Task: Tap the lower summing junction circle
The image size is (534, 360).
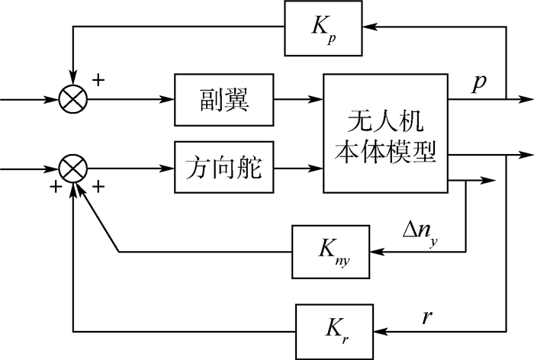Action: coord(73,167)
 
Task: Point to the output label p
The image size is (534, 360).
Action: coord(479,82)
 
